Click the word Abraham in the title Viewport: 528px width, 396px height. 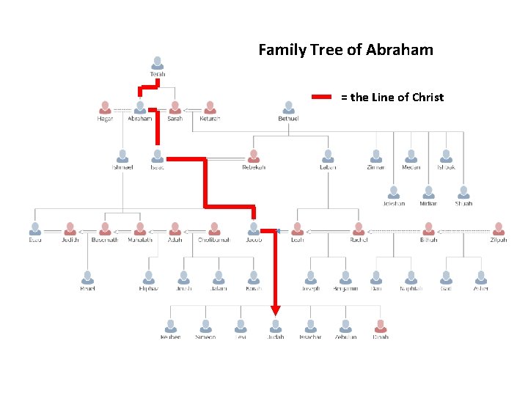coord(399,51)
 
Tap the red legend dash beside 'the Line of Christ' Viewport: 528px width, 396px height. coord(323,97)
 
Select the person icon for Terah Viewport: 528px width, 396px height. coord(158,62)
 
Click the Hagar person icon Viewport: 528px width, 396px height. coord(105,107)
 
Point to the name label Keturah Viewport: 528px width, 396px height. coord(210,119)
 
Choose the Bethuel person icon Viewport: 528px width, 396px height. coord(288,107)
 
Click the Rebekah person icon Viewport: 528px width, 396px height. coord(254,155)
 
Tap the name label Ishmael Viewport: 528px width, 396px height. coord(122,167)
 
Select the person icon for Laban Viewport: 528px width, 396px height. coord(328,155)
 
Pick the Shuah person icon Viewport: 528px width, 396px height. coord(463,192)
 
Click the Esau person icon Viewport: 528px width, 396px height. coord(35,228)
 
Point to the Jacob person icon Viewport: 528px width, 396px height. coord(254,228)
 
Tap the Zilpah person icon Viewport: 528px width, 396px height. coord(499,228)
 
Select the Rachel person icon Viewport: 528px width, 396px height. coord(358,228)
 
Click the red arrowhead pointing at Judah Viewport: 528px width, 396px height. coord(275,309)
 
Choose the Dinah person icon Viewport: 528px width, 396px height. coord(381,325)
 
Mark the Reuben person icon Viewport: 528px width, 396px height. coord(171,325)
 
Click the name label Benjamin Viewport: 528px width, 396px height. coord(345,289)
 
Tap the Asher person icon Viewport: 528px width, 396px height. coord(481,276)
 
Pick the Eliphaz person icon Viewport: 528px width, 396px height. coord(149,276)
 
